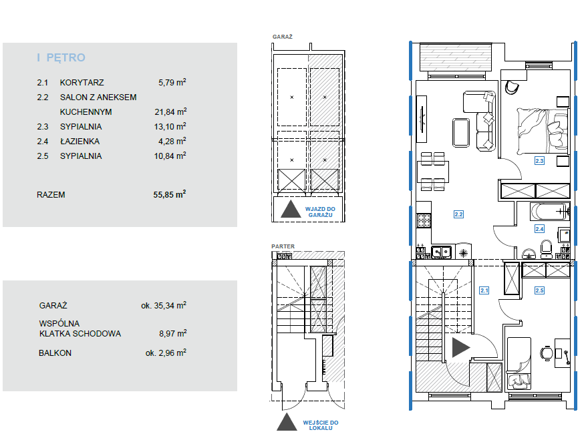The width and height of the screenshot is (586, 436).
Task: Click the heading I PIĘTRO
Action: (61, 57)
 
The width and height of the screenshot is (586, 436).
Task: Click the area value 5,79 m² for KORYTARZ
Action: (172, 82)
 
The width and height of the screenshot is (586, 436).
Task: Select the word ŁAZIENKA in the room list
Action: (80, 141)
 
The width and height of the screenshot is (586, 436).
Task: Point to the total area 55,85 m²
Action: (169, 194)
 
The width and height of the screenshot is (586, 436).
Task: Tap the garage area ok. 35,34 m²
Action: (164, 305)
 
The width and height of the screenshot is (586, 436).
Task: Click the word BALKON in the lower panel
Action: (55, 353)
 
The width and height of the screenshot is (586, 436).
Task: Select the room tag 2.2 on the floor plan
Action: (458, 214)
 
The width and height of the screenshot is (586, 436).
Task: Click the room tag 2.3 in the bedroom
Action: (539, 161)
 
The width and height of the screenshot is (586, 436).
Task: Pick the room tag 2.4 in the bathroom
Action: (539, 229)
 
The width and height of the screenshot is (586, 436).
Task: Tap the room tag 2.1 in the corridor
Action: (484, 290)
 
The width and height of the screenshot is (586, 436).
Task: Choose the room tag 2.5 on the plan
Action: (539, 290)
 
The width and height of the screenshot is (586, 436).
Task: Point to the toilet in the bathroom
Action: (547, 249)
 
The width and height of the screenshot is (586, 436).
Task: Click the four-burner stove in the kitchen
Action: (424, 220)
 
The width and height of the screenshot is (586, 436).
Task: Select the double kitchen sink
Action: (442, 252)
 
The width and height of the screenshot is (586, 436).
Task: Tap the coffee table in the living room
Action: (461, 133)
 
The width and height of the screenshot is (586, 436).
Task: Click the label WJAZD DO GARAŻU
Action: (320, 212)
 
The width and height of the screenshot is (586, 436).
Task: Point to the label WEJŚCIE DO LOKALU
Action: (321, 425)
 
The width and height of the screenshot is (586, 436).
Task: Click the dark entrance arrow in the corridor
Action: (461, 347)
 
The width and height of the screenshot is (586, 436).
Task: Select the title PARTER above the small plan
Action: (283, 246)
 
